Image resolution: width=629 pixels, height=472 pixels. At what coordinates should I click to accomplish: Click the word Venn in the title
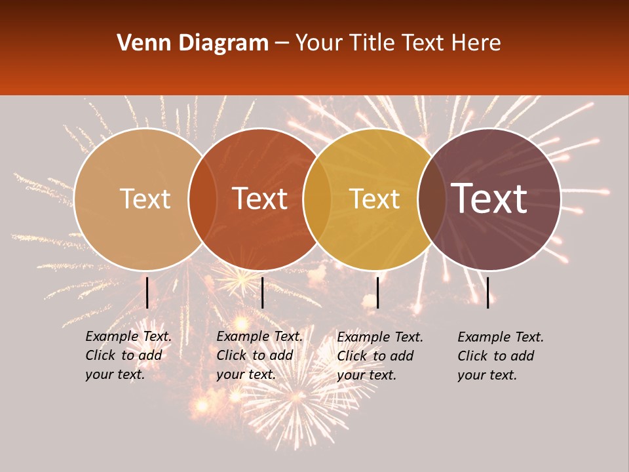[x=141, y=43]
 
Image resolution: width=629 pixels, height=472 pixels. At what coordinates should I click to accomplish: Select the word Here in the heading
[x=476, y=43]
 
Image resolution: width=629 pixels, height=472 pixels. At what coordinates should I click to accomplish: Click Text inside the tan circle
[x=145, y=199]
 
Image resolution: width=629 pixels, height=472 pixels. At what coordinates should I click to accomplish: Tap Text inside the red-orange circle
[x=259, y=199]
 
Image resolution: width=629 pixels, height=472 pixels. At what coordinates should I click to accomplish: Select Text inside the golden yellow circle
[x=374, y=199]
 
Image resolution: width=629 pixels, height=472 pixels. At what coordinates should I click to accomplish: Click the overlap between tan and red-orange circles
[x=202, y=199]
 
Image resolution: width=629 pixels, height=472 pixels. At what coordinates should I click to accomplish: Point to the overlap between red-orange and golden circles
[x=317, y=199]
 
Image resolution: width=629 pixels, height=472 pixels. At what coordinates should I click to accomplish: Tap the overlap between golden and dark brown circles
[x=432, y=199]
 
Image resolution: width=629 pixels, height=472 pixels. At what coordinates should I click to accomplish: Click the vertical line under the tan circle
[x=147, y=292]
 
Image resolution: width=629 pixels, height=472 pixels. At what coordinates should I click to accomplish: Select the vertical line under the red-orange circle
[x=262, y=292]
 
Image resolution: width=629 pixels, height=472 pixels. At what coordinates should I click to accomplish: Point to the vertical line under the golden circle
[x=377, y=292]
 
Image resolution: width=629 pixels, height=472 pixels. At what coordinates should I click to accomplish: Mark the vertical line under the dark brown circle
[x=488, y=292]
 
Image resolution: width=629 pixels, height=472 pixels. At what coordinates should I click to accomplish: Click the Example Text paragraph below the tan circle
[x=128, y=355]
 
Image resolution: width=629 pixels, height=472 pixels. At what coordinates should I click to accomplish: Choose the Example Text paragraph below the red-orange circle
[x=259, y=355]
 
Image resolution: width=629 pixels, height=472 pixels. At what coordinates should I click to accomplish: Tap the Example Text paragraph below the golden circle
[x=380, y=356]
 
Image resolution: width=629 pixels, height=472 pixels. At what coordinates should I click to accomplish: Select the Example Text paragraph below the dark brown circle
[x=501, y=356]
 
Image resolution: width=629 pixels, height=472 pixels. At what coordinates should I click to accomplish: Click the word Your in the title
[x=320, y=43]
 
